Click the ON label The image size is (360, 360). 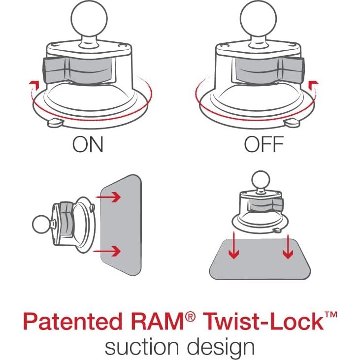pyautogui.click(x=88, y=144)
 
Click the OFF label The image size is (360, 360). pyautogui.click(x=263, y=144)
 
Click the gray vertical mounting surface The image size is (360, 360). pyautogui.click(x=121, y=224)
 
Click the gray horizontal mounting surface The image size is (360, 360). pyautogui.click(x=260, y=259)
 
